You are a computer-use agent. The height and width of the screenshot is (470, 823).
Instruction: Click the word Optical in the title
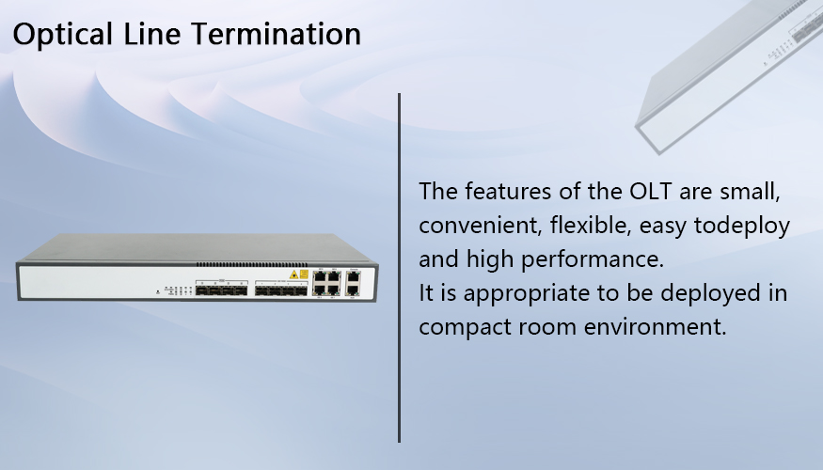tap(63, 35)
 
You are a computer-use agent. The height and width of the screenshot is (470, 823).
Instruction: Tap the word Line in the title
tap(152, 34)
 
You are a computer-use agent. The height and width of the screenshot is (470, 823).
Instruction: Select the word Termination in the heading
tap(277, 34)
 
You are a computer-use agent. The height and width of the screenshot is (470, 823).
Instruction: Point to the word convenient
tap(480, 225)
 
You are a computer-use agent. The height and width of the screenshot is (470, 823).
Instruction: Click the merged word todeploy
tap(742, 227)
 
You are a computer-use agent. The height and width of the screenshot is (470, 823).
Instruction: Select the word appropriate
tap(527, 293)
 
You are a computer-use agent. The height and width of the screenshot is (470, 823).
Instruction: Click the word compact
tap(465, 328)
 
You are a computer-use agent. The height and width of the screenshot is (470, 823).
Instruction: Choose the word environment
tap(655, 327)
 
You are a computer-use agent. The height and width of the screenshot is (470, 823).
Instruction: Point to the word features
tap(508, 191)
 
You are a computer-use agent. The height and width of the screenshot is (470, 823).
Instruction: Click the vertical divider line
tap(400, 268)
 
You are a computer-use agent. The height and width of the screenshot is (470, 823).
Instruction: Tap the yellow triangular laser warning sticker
tap(293, 274)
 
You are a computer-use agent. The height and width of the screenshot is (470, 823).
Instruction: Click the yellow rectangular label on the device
tap(304, 274)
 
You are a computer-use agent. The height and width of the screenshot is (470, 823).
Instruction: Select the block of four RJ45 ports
tap(327, 283)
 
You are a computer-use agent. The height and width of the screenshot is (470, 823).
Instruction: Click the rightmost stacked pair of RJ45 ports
tap(354, 283)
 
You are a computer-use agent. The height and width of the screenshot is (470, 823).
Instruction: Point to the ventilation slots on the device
tap(252, 264)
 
